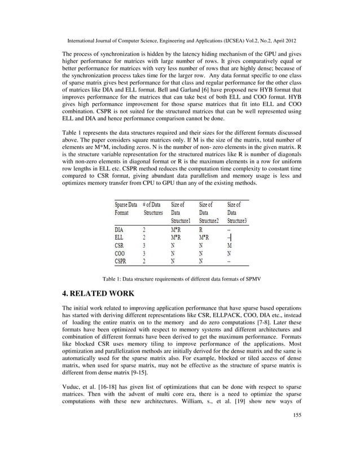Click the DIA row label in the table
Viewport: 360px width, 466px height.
point(120,230)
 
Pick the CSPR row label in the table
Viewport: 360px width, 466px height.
point(122,261)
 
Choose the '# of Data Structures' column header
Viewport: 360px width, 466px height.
point(152,209)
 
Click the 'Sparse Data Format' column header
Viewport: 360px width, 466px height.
point(125,209)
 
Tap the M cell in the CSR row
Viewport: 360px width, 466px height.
point(229,245)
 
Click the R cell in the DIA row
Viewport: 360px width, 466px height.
point(201,230)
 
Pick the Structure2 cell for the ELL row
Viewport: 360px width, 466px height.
point(204,238)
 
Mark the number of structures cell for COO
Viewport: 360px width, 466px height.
point(144,253)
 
